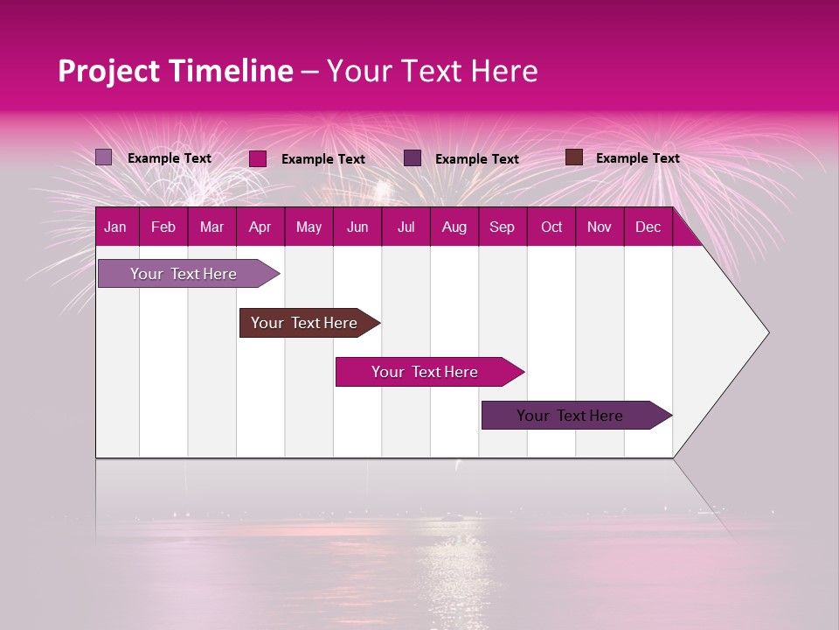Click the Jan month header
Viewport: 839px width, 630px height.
pyautogui.click(x=115, y=227)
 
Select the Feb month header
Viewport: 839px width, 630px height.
pyautogui.click(x=163, y=227)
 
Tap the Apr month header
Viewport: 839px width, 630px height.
pyautogui.click(x=260, y=227)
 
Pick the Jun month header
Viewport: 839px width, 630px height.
pyautogui.click(x=357, y=227)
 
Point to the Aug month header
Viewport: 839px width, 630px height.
pyautogui.click(x=454, y=227)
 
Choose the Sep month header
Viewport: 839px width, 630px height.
pyautogui.click(x=502, y=227)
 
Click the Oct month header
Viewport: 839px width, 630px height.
pyautogui.click(x=551, y=227)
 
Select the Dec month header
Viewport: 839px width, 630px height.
pyautogui.click(x=648, y=227)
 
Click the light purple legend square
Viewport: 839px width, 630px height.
pyautogui.click(x=104, y=157)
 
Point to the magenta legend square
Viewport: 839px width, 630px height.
pyautogui.click(x=258, y=158)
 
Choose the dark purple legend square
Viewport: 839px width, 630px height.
pyautogui.click(x=413, y=157)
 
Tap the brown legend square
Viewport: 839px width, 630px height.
pyautogui.click(x=574, y=157)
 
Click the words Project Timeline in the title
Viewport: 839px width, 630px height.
pyautogui.click(x=175, y=71)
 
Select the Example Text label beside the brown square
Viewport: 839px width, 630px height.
pyautogui.click(x=637, y=158)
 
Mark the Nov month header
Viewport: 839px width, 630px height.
pyautogui.click(x=600, y=227)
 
